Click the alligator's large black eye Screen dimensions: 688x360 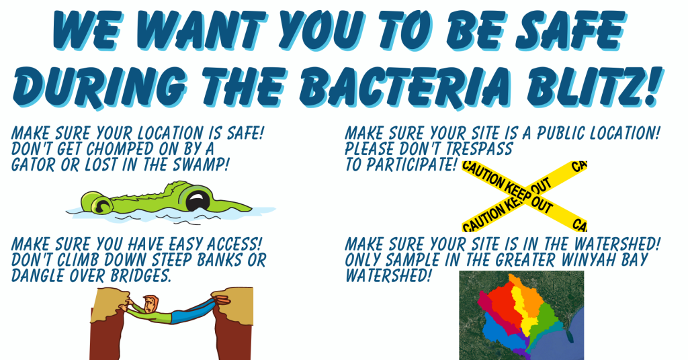pyautogui.click(x=198, y=199)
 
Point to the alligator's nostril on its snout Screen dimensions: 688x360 pyautogui.click(x=100, y=204)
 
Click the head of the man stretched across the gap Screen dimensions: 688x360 pyautogui.click(x=150, y=304)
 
